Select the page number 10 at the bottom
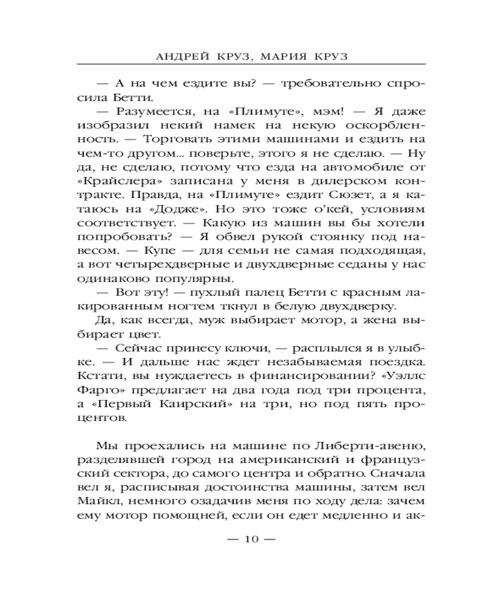click(251, 539)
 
